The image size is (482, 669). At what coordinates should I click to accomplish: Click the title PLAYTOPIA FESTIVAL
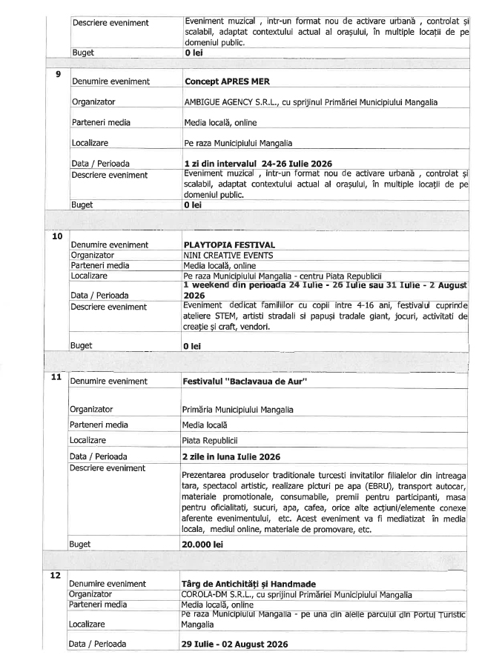point(229,244)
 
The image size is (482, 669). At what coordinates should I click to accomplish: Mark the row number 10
point(57,236)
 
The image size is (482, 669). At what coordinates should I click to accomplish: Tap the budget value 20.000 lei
point(203,544)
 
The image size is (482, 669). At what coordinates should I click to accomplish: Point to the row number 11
point(57,376)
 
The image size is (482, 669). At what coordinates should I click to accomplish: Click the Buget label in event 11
point(81,544)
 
